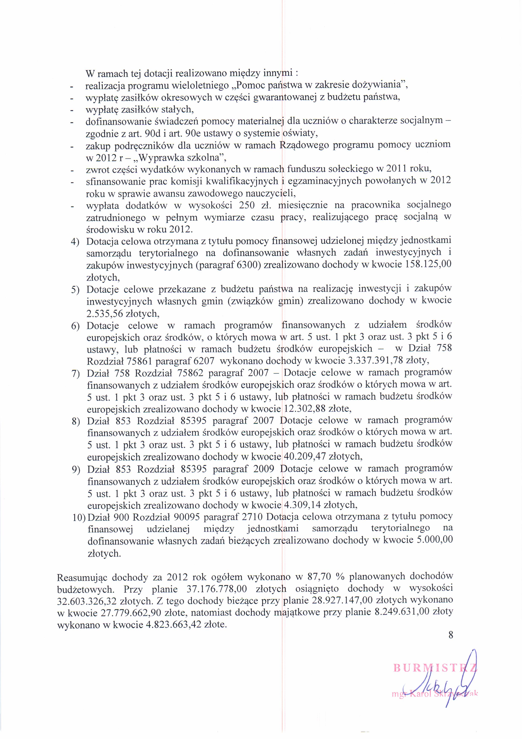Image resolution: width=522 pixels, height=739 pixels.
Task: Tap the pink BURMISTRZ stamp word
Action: (434, 668)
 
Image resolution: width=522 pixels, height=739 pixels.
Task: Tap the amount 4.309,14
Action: (301, 505)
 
